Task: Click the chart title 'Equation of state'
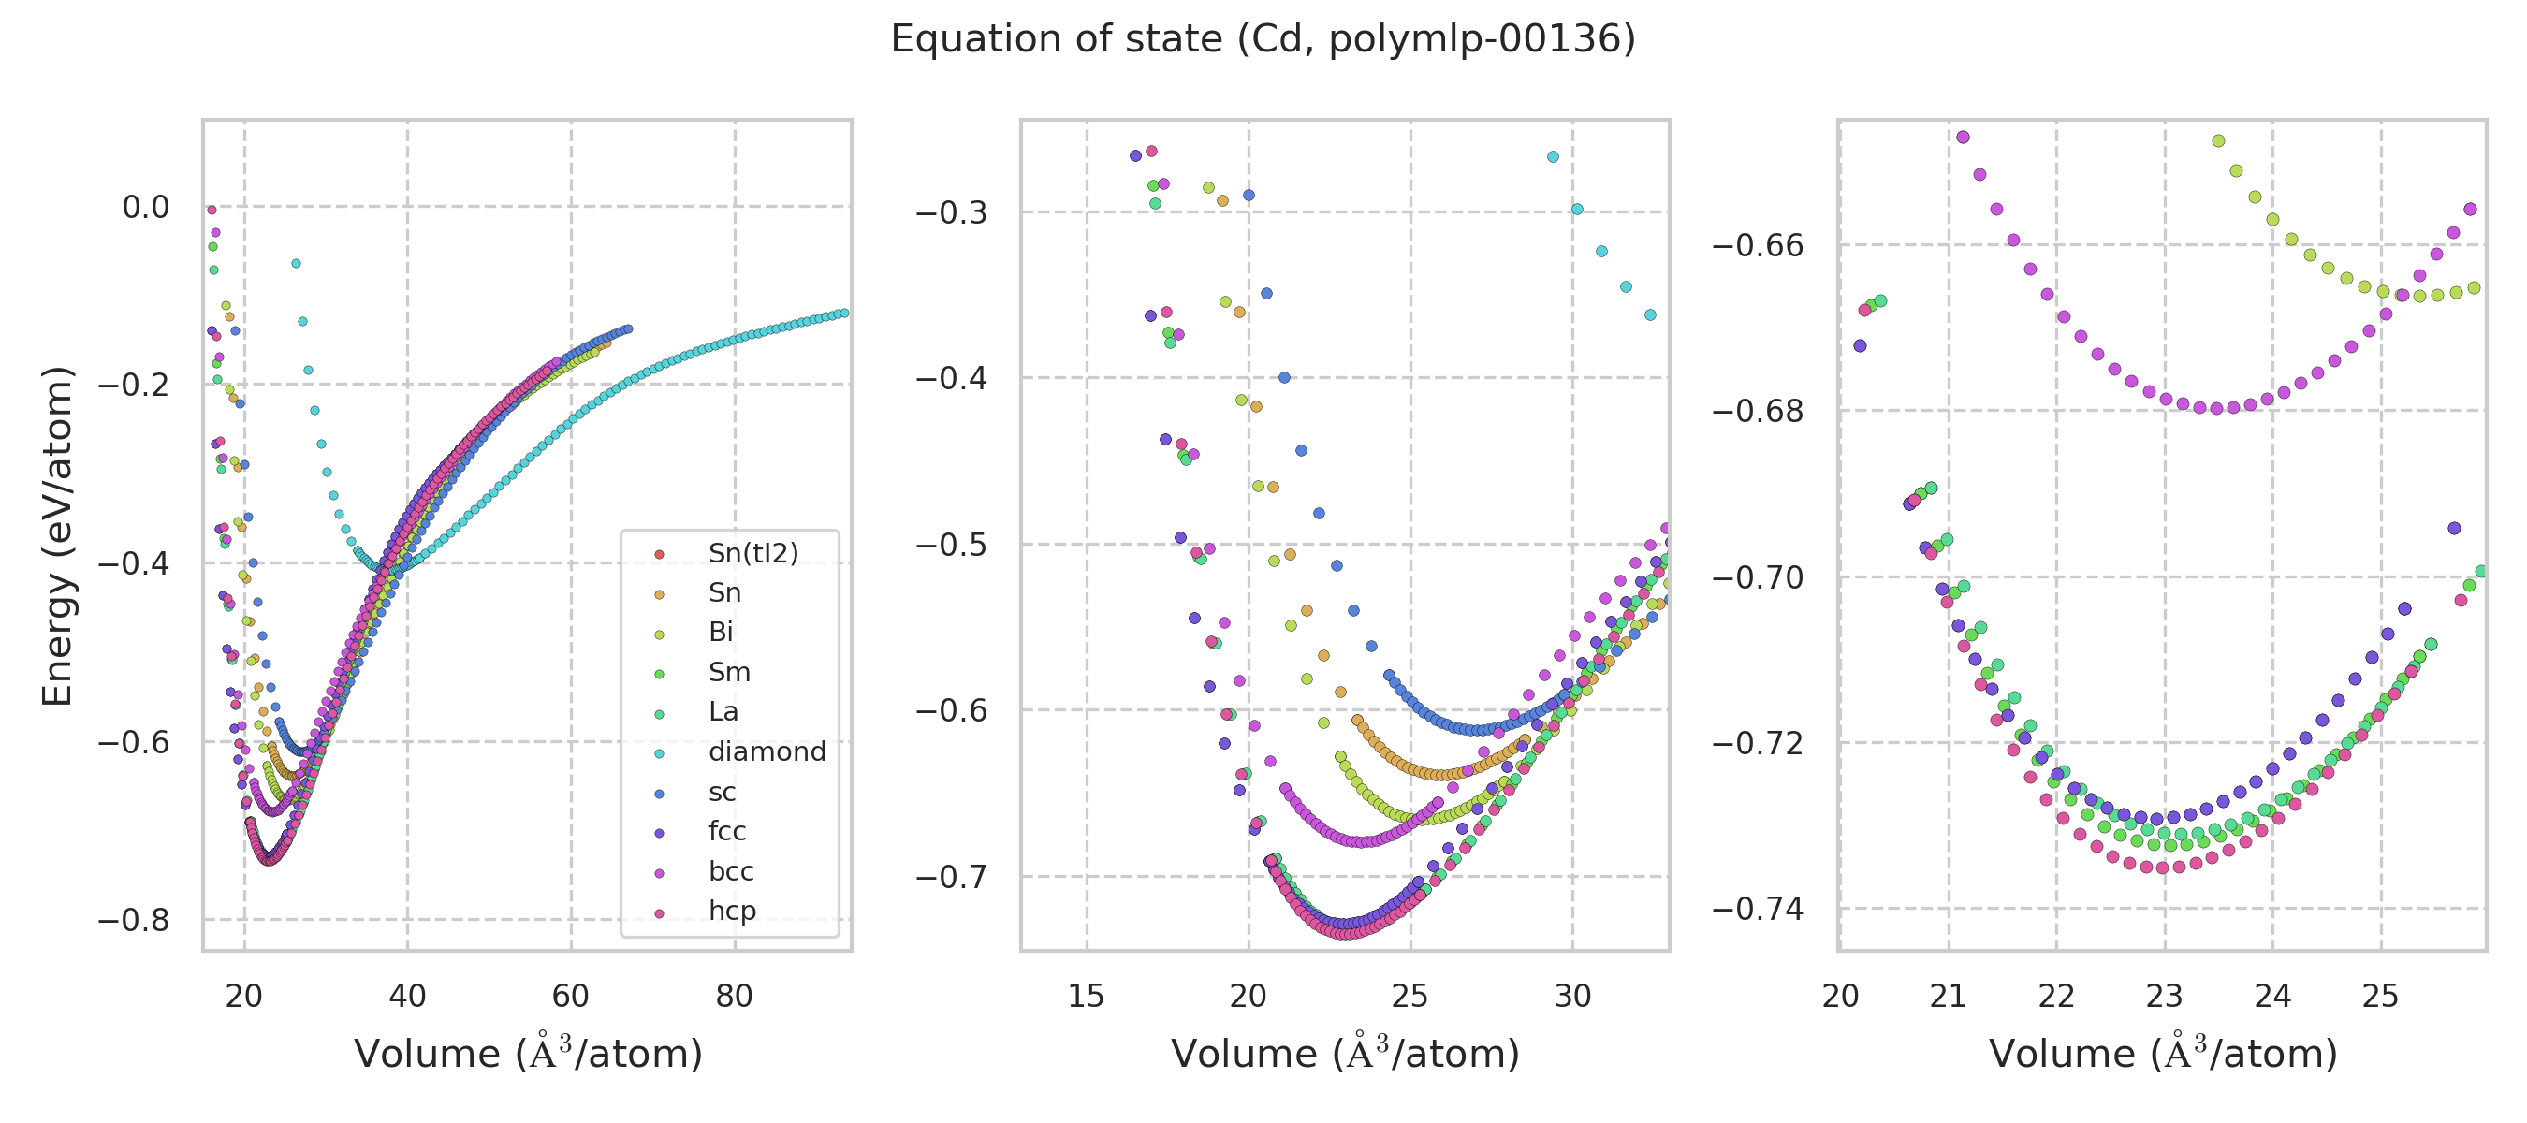click(x=1263, y=39)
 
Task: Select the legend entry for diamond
click(x=767, y=752)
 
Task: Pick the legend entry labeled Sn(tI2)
click(x=752, y=553)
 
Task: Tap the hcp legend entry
click(x=732, y=912)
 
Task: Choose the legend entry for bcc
click(x=731, y=872)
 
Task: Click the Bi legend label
click(x=721, y=633)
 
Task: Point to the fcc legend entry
click(x=727, y=832)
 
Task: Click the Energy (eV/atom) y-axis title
click(x=57, y=535)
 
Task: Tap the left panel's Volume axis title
click(x=528, y=1054)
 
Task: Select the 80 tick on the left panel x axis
click(x=734, y=997)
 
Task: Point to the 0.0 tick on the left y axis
click(x=145, y=207)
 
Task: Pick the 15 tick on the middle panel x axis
click(x=1086, y=997)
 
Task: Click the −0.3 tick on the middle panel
click(x=951, y=211)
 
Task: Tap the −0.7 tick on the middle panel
click(x=951, y=876)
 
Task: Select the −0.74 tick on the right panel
click(x=1758, y=910)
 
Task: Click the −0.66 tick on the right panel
click(x=1758, y=245)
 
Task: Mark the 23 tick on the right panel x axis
click(x=2164, y=997)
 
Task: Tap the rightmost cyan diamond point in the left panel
click(x=843, y=313)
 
